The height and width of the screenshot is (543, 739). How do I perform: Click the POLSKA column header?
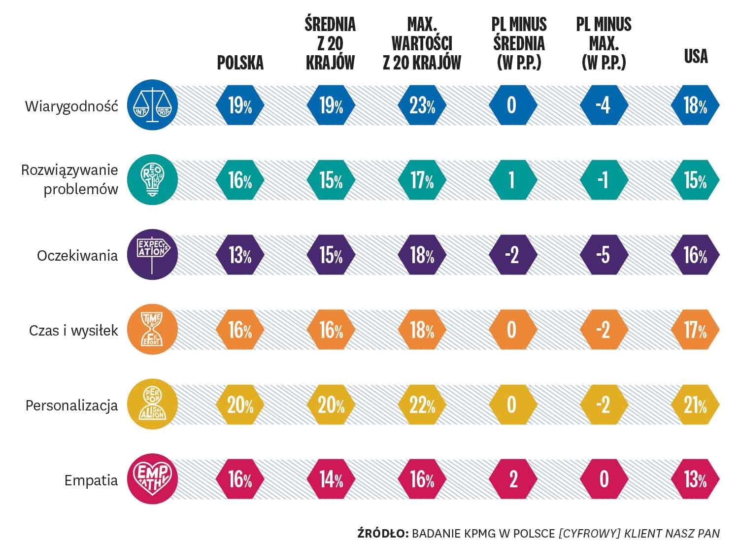(x=240, y=63)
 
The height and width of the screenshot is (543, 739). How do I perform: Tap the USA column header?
(x=696, y=56)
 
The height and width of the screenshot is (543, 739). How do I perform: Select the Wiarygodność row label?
(x=72, y=106)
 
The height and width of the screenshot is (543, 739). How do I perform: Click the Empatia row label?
(x=91, y=480)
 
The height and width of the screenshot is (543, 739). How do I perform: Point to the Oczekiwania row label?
(x=77, y=256)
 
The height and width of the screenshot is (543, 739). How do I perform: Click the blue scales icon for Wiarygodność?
(x=151, y=105)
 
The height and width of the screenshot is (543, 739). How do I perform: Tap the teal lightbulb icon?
(x=151, y=180)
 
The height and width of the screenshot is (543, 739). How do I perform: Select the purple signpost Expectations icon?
(x=151, y=255)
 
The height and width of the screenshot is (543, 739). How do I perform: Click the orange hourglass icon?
(x=151, y=330)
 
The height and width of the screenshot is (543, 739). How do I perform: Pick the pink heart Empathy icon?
(x=151, y=479)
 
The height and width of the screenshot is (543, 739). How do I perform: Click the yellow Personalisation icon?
(x=151, y=405)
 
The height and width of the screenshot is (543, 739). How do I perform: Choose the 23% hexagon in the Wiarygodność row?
(x=422, y=105)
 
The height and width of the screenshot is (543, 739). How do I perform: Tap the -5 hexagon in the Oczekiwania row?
(x=604, y=255)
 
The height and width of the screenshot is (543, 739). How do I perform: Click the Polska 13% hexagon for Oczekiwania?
(x=240, y=255)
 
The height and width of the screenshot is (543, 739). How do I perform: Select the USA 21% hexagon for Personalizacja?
(x=695, y=405)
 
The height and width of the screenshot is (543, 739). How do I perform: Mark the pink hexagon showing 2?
(x=512, y=479)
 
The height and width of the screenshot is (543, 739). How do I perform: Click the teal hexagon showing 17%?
(x=422, y=180)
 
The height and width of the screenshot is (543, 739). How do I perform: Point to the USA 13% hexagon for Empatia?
(x=695, y=479)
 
